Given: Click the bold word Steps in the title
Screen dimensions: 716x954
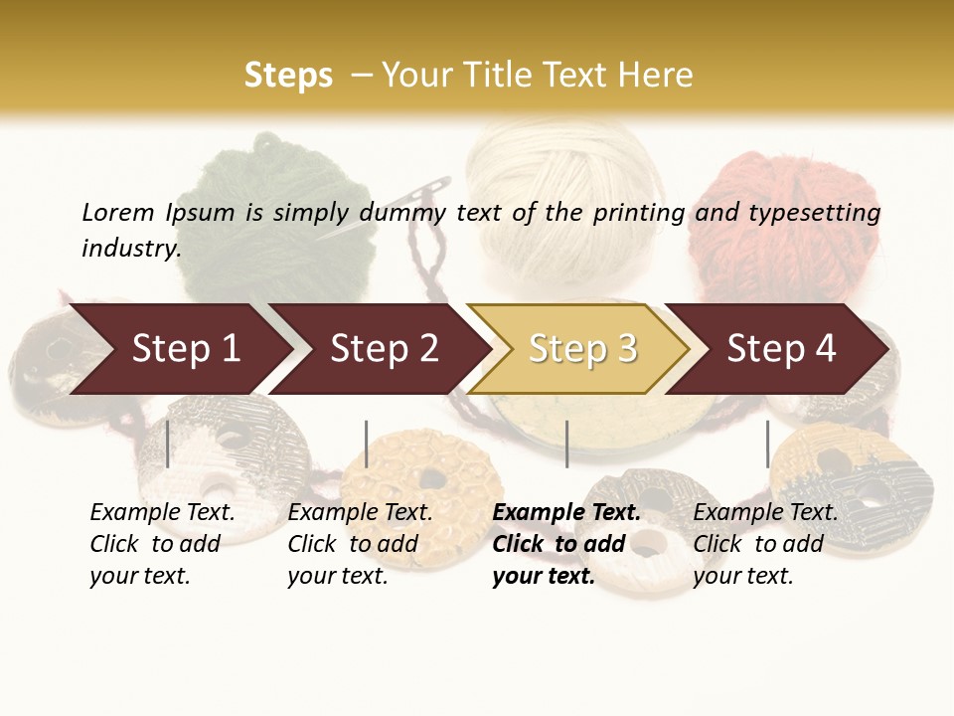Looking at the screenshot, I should pos(288,76).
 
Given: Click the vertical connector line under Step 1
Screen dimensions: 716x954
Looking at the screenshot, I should pos(167,444).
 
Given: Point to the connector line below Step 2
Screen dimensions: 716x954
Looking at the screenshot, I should pos(367,444).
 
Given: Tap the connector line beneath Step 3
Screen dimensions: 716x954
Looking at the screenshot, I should pos(566,444).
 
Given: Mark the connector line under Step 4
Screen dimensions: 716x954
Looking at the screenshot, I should pos(767,444).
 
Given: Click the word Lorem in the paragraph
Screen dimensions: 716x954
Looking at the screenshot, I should pos(118,212).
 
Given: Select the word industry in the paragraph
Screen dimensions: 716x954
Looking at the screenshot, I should pos(130,249).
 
